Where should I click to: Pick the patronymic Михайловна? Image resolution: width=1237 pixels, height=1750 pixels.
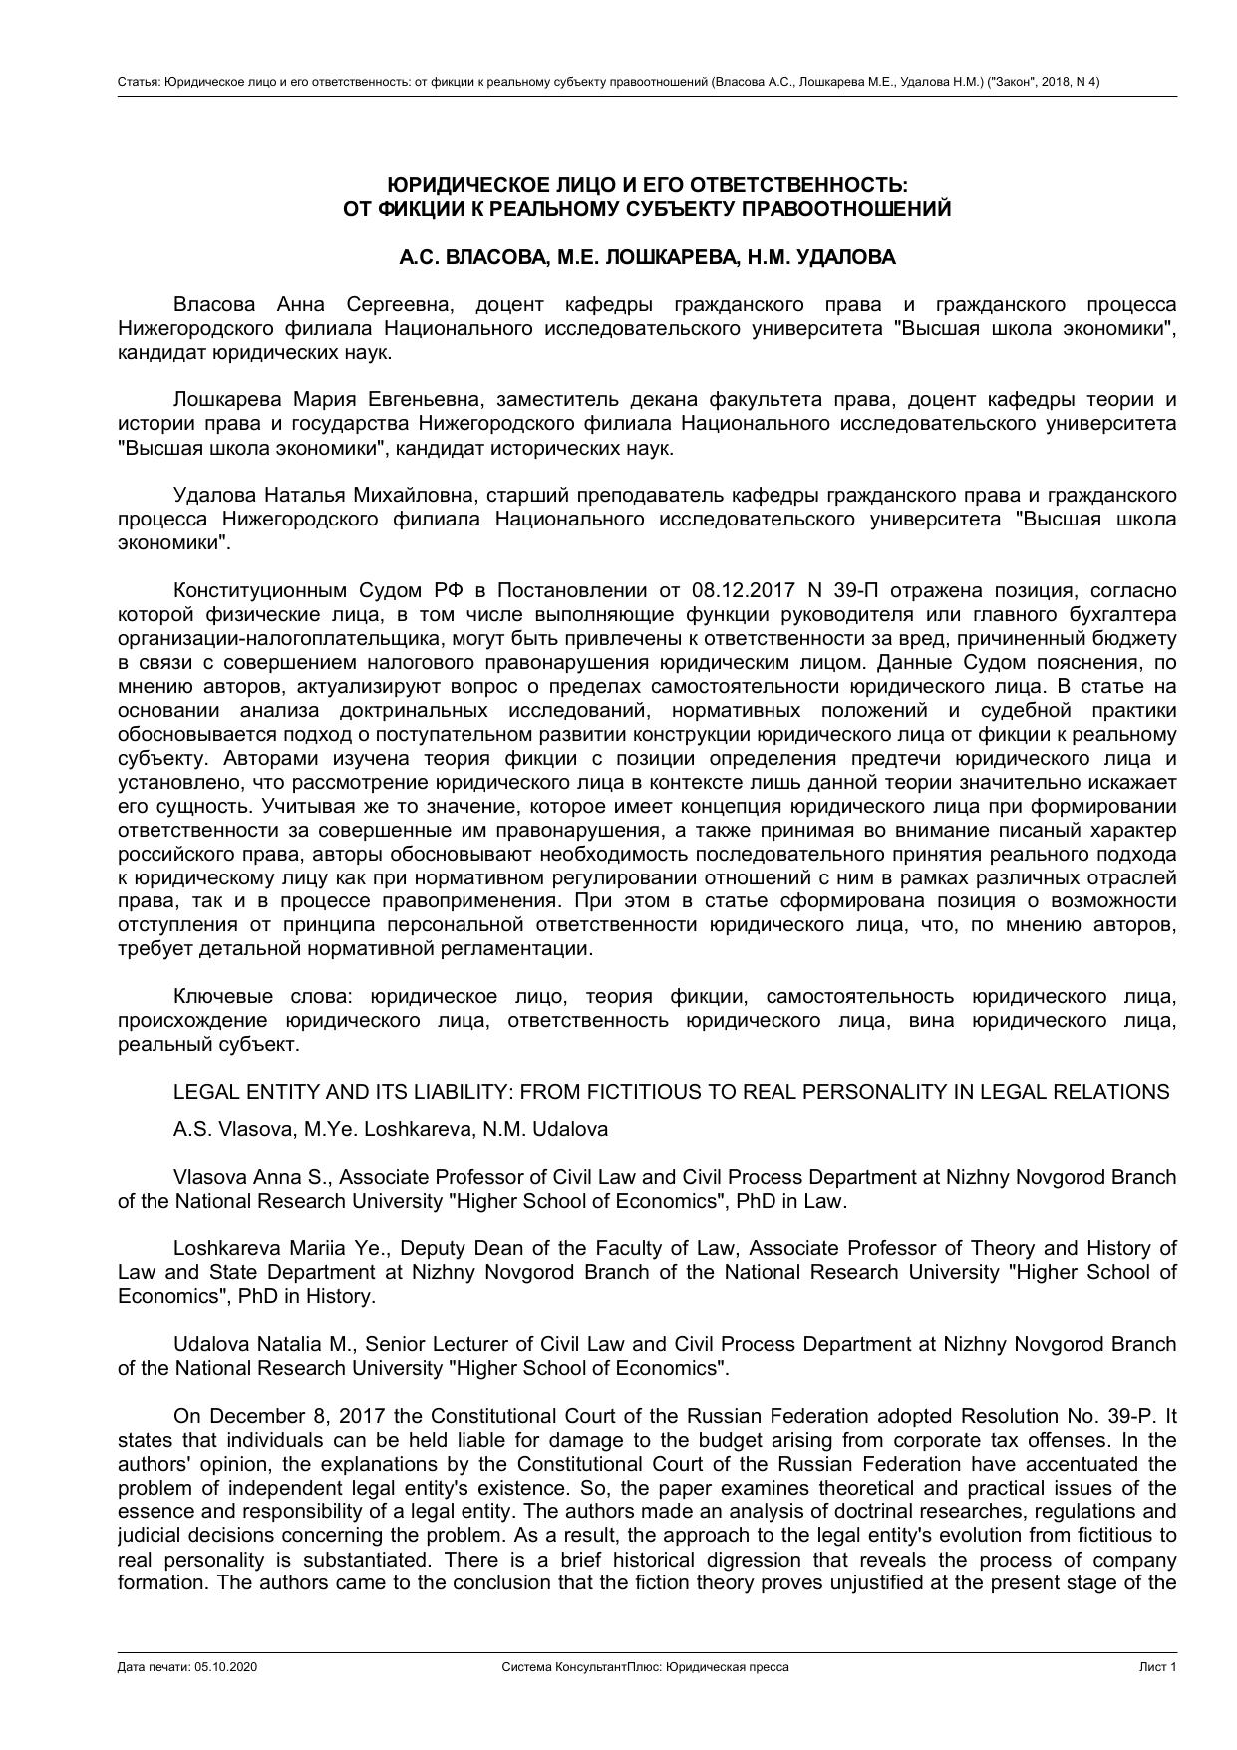point(423,496)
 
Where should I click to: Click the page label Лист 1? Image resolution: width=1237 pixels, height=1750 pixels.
point(1158,1667)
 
